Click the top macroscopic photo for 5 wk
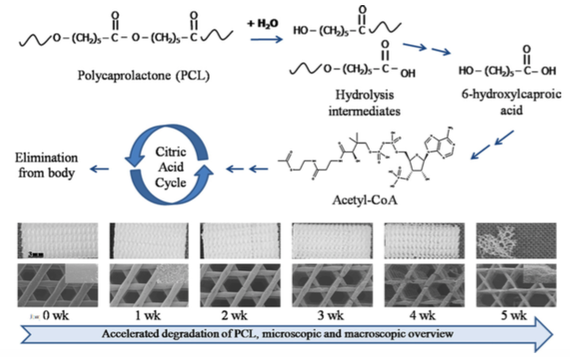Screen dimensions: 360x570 click(510, 242)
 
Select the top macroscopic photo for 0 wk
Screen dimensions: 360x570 click(51, 242)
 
